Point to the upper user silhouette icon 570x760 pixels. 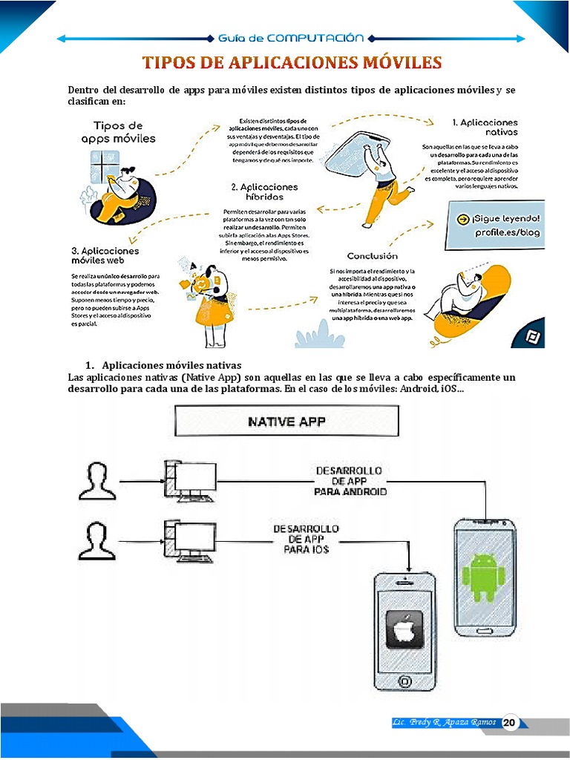(97, 480)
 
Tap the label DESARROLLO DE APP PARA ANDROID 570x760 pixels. (350, 481)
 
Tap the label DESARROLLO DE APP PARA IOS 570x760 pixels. (307, 539)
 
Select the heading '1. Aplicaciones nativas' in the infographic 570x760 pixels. (485, 126)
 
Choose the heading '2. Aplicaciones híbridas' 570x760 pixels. (264, 192)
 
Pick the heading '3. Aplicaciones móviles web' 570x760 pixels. (105, 256)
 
